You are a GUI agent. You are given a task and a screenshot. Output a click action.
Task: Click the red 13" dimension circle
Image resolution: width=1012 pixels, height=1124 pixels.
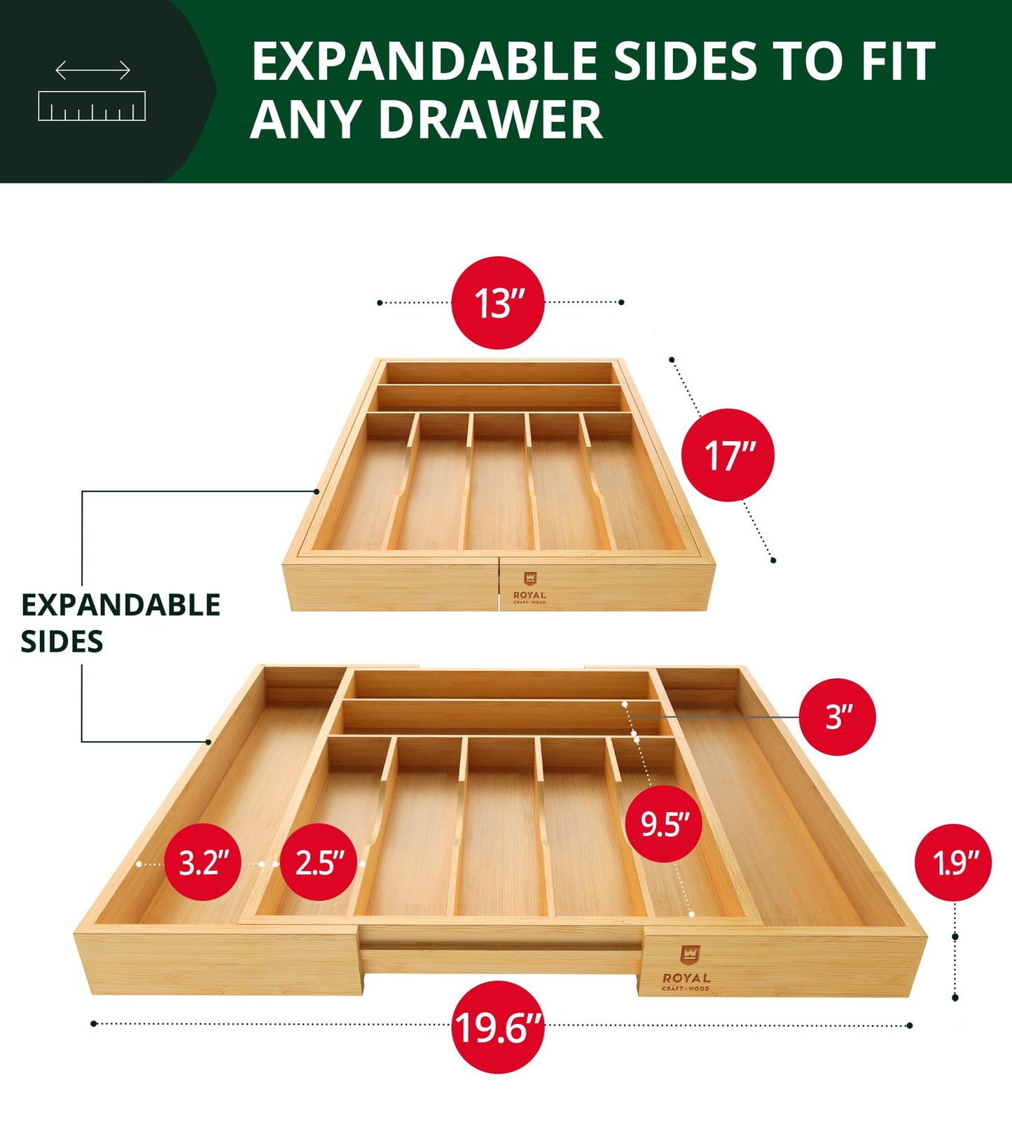pyautogui.click(x=498, y=302)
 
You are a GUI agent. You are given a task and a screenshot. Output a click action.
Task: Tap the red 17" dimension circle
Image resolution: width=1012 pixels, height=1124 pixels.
pyautogui.click(x=728, y=455)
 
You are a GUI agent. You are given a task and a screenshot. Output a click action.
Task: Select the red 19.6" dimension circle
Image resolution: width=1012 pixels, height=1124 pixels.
pyautogui.click(x=498, y=1027)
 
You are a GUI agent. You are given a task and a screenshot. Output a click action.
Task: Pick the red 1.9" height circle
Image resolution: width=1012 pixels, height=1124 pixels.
pyautogui.click(x=952, y=862)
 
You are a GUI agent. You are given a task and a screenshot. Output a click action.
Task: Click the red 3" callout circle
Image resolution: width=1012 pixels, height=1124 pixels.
pyautogui.click(x=837, y=717)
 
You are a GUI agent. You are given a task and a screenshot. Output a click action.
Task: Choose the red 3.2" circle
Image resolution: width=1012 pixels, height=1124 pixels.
pyautogui.click(x=203, y=862)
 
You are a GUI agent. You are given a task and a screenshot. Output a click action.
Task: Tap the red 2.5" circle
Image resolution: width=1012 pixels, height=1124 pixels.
pyautogui.click(x=319, y=862)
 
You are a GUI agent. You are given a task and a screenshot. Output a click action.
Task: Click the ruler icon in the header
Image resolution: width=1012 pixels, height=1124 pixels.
pyautogui.click(x=92, y=106)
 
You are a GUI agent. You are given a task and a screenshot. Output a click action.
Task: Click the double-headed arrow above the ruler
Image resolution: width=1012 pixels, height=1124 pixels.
pyautogui.click(x=92, y=70)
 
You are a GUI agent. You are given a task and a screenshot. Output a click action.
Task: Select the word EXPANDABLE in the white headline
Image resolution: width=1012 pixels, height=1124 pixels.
pyautogui.click(x=424, y=62)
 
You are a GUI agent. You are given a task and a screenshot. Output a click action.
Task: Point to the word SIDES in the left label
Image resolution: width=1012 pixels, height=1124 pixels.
pyautogui.click(x=62, y=642)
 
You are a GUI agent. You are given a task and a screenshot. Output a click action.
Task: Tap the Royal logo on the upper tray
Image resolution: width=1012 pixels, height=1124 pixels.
pyautogui.click(x=529, y=587)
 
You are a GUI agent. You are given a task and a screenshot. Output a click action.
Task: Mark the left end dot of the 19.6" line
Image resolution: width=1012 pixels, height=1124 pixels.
pyautogui.click(x=94, y=1024)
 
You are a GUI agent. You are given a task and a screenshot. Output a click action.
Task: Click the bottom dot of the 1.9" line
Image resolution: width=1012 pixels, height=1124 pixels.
pyautogui.click(x=955, y=997)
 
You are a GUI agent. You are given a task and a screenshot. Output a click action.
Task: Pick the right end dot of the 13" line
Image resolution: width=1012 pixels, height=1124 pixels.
pyautogui.click(x=621, y=302)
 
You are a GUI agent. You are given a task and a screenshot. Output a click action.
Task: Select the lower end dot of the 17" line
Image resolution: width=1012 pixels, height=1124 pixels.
pyautogui.click(x=773, y=560)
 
